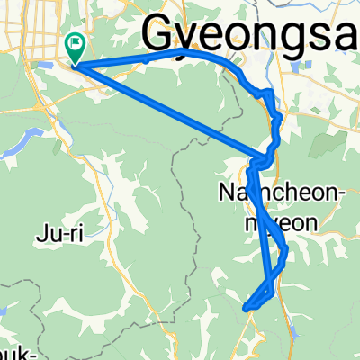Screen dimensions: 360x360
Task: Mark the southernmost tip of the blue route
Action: [246, 309]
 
